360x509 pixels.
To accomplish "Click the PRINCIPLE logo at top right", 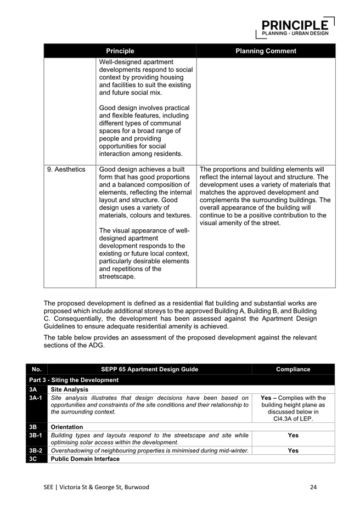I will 295,26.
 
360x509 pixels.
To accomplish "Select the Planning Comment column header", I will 266,51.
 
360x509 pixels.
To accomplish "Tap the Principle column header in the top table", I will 120,51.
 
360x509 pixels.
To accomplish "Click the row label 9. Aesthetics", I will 66,169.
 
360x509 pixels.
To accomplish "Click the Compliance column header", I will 293,369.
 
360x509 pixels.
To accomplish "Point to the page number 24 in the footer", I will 313,487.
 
